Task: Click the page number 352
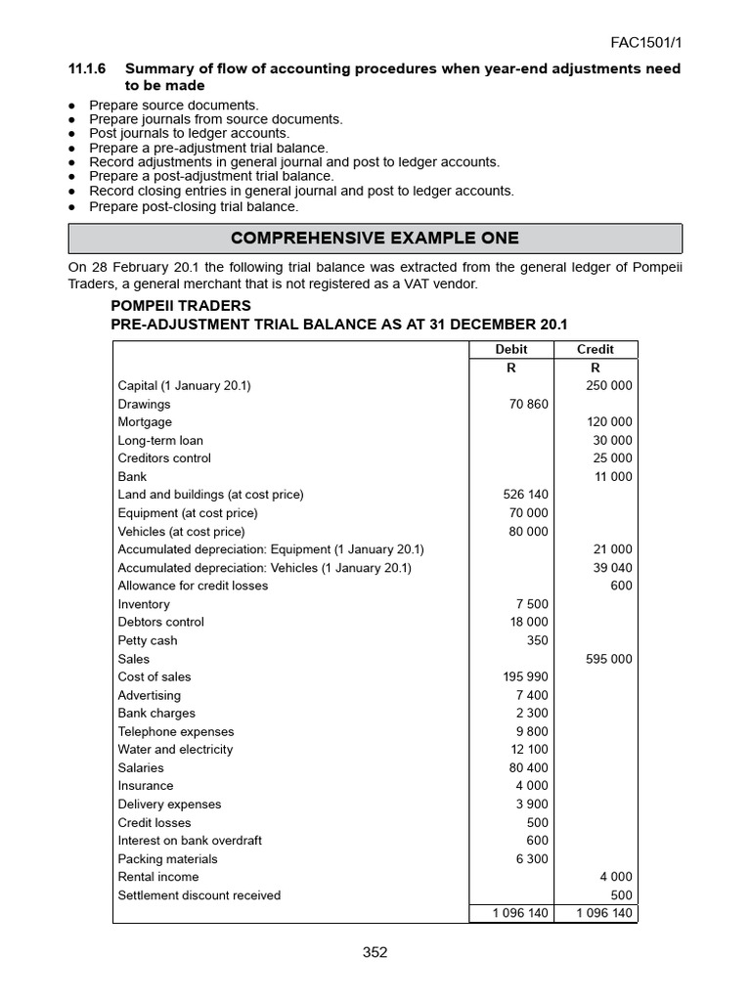(375, 953)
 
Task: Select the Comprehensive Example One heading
(375, 239)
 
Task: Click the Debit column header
(510, 349)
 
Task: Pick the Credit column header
(595, 349)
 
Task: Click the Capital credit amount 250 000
(608, 385)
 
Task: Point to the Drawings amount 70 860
(529, 404)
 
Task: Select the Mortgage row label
(145, 422)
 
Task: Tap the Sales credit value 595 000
(608, 659)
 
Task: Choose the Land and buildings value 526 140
(525, 495)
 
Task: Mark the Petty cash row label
(148, 640)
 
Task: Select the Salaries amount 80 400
(529, 767)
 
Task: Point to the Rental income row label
(158, 877)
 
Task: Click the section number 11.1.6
(87, 69)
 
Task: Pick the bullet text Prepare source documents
(173, 105)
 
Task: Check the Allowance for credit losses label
(193, 586)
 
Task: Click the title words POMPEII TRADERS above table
(181, 306)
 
